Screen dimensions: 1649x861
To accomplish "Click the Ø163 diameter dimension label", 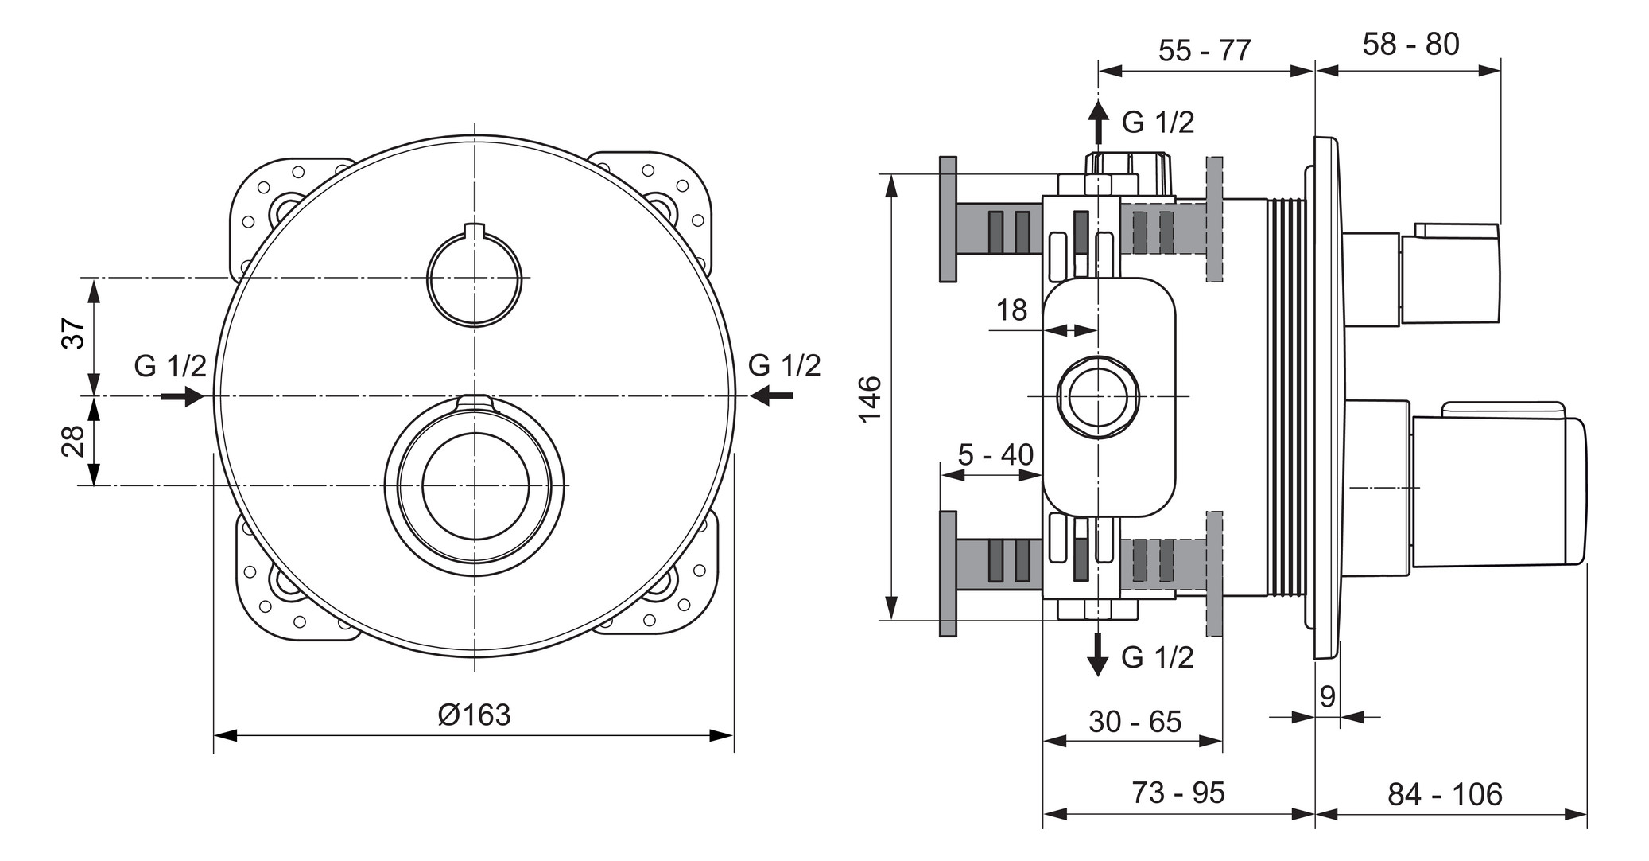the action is (474, 715).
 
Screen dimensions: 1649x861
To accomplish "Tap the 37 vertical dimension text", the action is (72, 333).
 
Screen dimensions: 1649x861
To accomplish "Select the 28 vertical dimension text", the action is (72, 441).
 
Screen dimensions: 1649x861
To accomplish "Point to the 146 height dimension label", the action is (871, 399).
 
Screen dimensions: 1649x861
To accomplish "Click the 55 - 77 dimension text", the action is (1205, 50).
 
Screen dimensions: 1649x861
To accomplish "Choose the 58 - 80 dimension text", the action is (1411, 44).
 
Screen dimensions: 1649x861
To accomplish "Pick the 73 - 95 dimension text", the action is (1178, 793).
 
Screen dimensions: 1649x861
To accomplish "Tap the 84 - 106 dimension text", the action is (1445, 794).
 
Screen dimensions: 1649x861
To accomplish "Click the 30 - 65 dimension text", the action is (1135, 722).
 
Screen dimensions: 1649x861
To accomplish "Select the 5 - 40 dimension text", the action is (995, 454).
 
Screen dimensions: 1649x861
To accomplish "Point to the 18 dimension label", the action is (1011, 310).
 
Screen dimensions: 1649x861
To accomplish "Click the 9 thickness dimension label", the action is (1328, 697).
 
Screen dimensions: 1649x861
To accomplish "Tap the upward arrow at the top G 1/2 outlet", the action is (1098, 122).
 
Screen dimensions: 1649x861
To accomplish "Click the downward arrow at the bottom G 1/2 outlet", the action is (1098, 654).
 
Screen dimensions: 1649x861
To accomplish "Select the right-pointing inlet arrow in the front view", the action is (184, 395).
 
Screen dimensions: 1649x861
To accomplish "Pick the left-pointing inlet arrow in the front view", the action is (771, 395).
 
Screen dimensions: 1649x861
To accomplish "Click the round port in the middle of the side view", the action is (1097, 396).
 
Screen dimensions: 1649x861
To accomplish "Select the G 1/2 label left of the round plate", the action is (170, 366).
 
